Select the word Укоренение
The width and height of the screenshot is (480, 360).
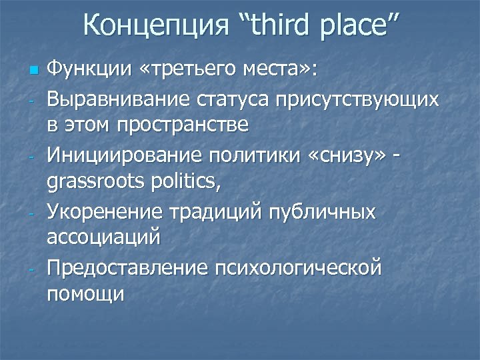108,212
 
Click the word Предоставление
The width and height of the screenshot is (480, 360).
137,268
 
